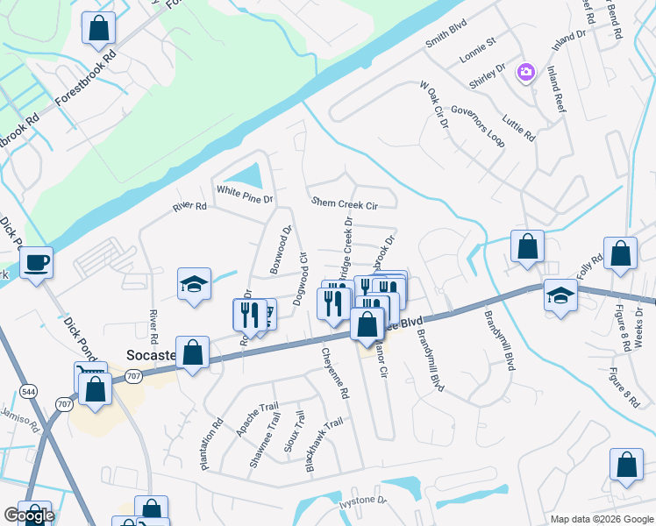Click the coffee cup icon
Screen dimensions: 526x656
(x=36, y=262)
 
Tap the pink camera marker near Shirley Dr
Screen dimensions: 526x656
(x=525, y=72)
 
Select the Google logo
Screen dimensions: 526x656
(x=29, y=515)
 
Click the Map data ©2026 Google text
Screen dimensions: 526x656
(x=601, y=519)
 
